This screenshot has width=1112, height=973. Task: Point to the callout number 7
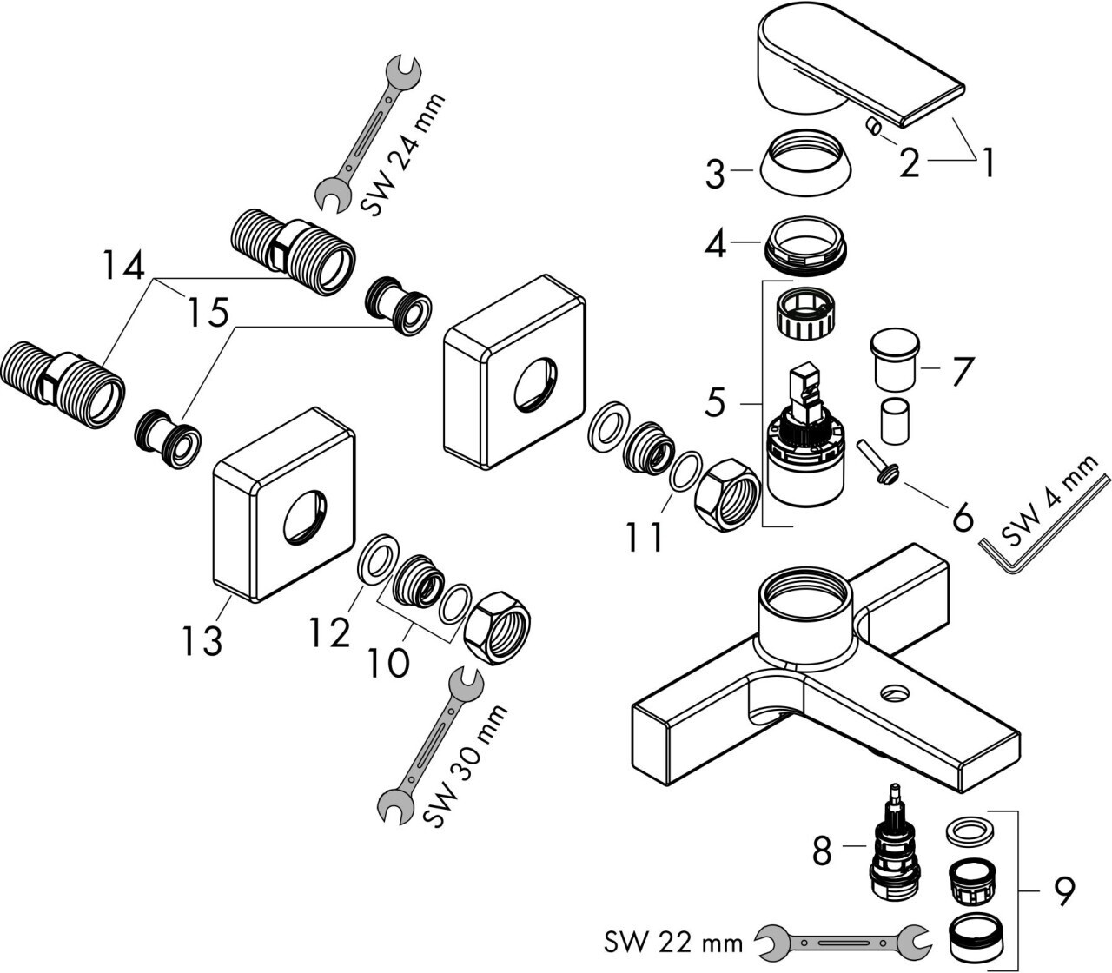coord(957,371)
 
